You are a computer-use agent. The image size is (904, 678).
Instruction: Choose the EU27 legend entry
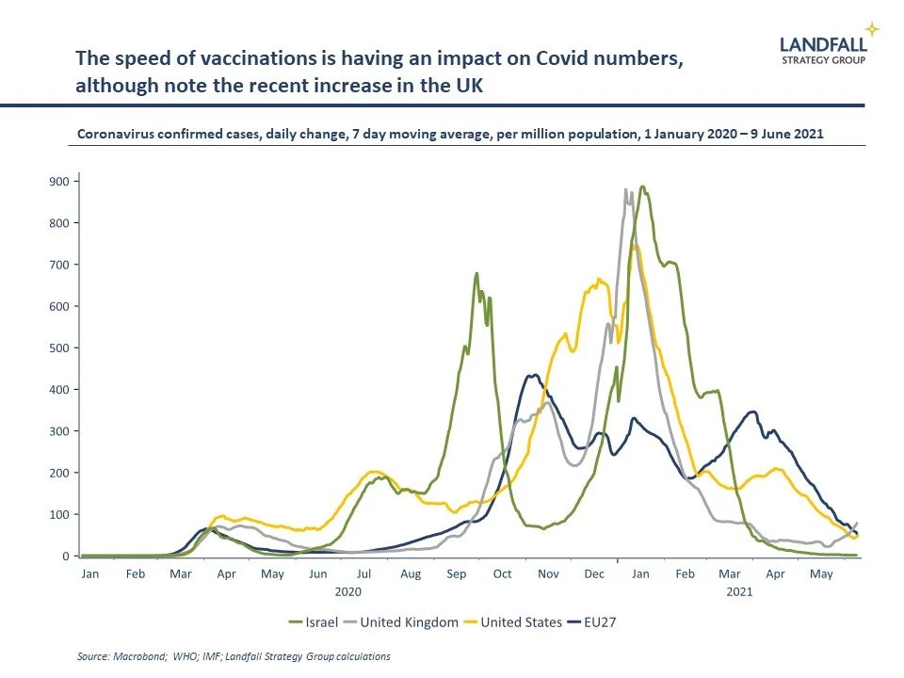599,622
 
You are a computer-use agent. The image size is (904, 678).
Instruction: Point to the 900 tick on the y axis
58,182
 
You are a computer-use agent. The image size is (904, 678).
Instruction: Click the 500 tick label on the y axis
58,348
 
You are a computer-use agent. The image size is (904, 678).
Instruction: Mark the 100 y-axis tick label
58,514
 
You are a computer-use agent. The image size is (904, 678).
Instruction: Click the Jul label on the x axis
364,573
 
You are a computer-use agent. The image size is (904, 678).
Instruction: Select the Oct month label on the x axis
501,573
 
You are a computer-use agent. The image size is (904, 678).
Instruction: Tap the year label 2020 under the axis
347,592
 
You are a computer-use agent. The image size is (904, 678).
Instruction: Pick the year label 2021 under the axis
738,592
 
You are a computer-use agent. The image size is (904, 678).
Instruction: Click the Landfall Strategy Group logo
823,49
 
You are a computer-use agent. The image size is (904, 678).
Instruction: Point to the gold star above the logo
871,28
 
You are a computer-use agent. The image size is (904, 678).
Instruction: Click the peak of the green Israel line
642,186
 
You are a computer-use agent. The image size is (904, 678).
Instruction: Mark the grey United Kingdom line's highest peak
626,189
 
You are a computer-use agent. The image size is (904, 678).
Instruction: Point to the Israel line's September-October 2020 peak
476,273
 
